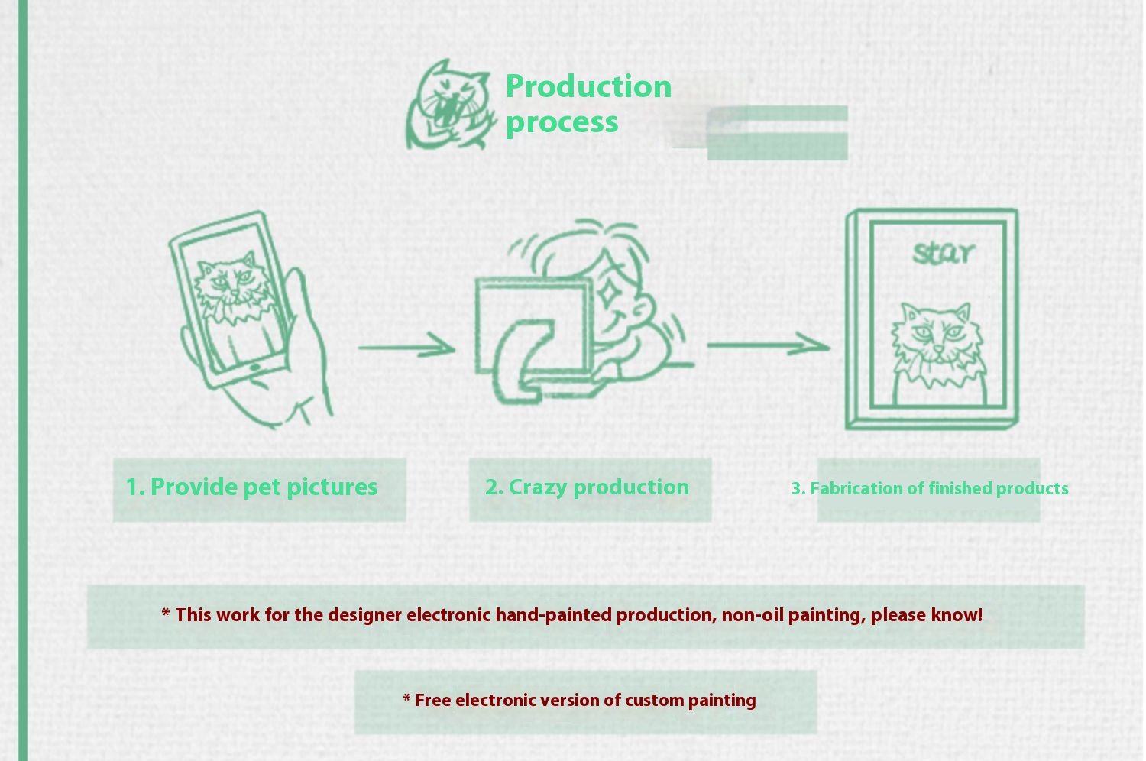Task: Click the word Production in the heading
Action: pos(588,86)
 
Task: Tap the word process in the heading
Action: pos(562,122)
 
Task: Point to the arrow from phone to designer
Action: pos(406,348)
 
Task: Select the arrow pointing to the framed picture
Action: pos(768,345)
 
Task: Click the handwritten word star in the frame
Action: pos(944,253)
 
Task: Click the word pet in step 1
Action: pos(262,487)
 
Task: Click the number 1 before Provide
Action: pos(132,487)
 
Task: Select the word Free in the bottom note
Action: pos(432,701)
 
